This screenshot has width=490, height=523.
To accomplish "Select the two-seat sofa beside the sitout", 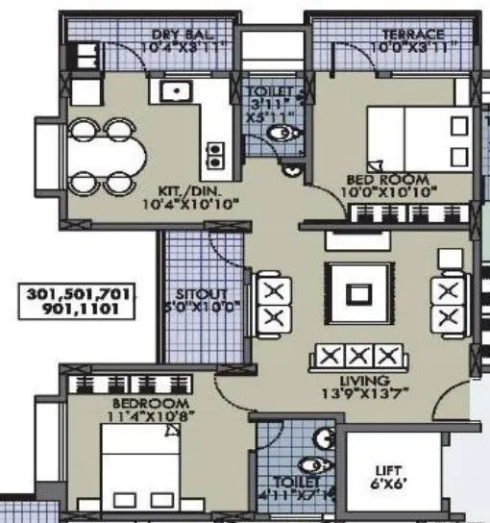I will (272, 304).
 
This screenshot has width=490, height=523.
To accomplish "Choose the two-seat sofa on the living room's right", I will (447, 304).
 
